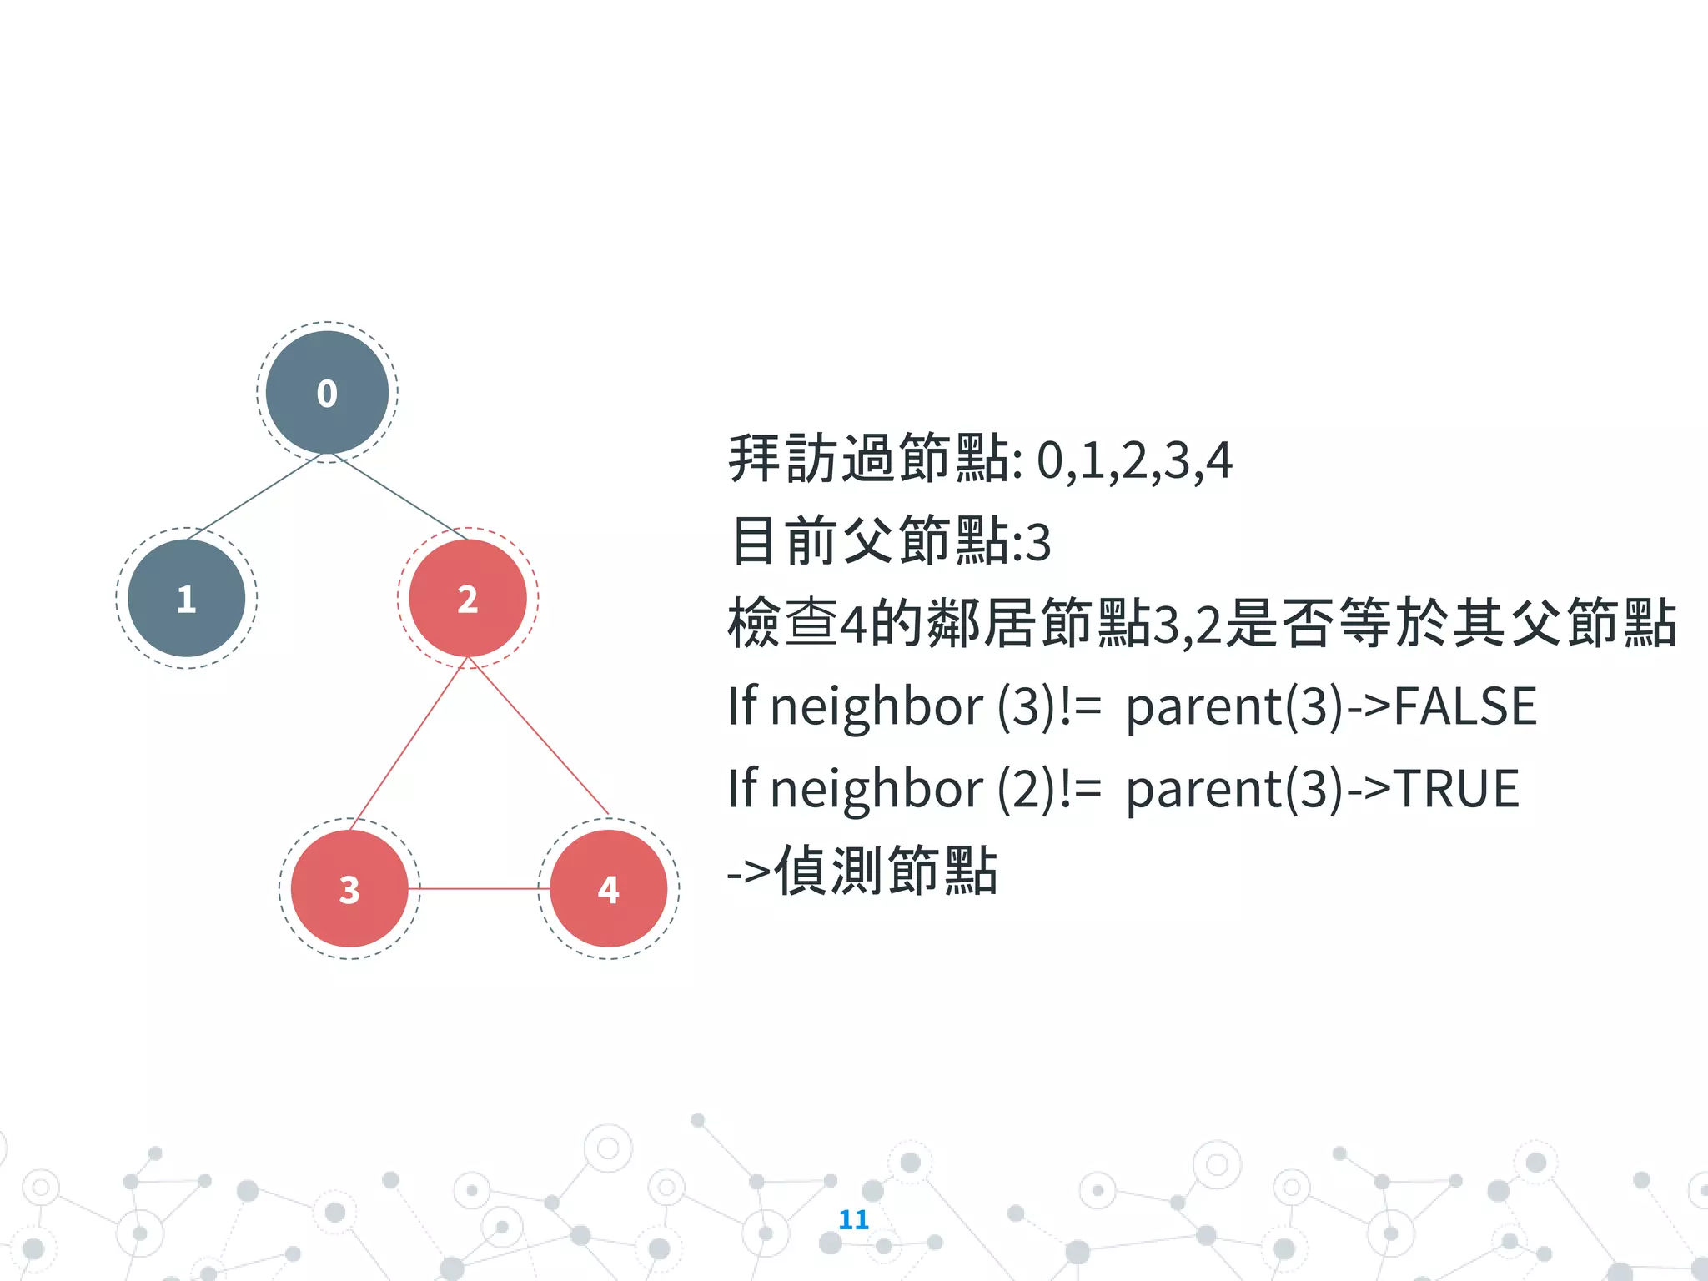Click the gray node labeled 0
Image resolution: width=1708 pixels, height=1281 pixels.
(x=327, y=392)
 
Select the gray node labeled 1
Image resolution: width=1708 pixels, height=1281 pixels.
(x=186, y=598)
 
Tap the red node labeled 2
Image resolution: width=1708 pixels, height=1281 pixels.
(x=467, y=598)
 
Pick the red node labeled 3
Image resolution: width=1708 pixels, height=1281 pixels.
(x=349, y=888)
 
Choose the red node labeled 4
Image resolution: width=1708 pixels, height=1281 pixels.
(x=609, y=888)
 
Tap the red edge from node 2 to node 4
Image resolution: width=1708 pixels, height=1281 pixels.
(x=539, y=736)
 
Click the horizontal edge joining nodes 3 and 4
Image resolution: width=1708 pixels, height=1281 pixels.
(x=480, y=889)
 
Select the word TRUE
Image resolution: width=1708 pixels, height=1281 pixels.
(x=1456, y=789)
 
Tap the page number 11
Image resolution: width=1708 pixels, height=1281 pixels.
(x=853, y=1219)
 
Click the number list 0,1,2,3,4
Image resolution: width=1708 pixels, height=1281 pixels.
(x=1134, y=460)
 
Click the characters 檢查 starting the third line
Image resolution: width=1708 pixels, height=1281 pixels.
(x=782, y=624)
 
